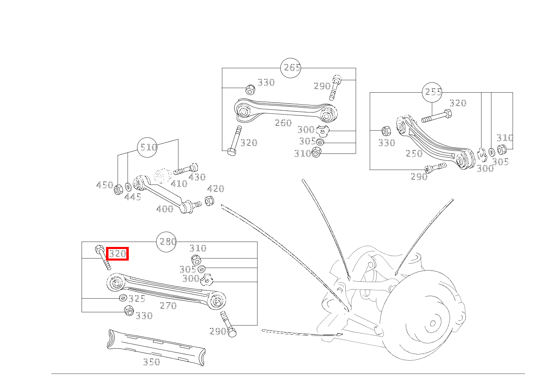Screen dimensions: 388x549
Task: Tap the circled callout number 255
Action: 432,92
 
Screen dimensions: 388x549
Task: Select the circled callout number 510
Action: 147,147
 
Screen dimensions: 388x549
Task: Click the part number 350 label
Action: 152,362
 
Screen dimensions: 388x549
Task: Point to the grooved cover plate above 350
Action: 156,347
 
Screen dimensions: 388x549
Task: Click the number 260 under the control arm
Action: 283,123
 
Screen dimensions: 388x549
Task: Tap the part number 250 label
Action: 414,153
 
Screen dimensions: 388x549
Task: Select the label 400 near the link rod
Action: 165,209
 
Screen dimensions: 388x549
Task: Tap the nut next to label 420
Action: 209,201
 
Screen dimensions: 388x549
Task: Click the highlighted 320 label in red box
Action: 118,254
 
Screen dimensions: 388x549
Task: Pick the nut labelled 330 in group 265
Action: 250,89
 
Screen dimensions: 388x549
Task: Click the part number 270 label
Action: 168,306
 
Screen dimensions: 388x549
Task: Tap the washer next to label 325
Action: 123,298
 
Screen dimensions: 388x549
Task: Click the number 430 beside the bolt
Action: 197,177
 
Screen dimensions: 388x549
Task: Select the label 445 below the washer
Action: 133,197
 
